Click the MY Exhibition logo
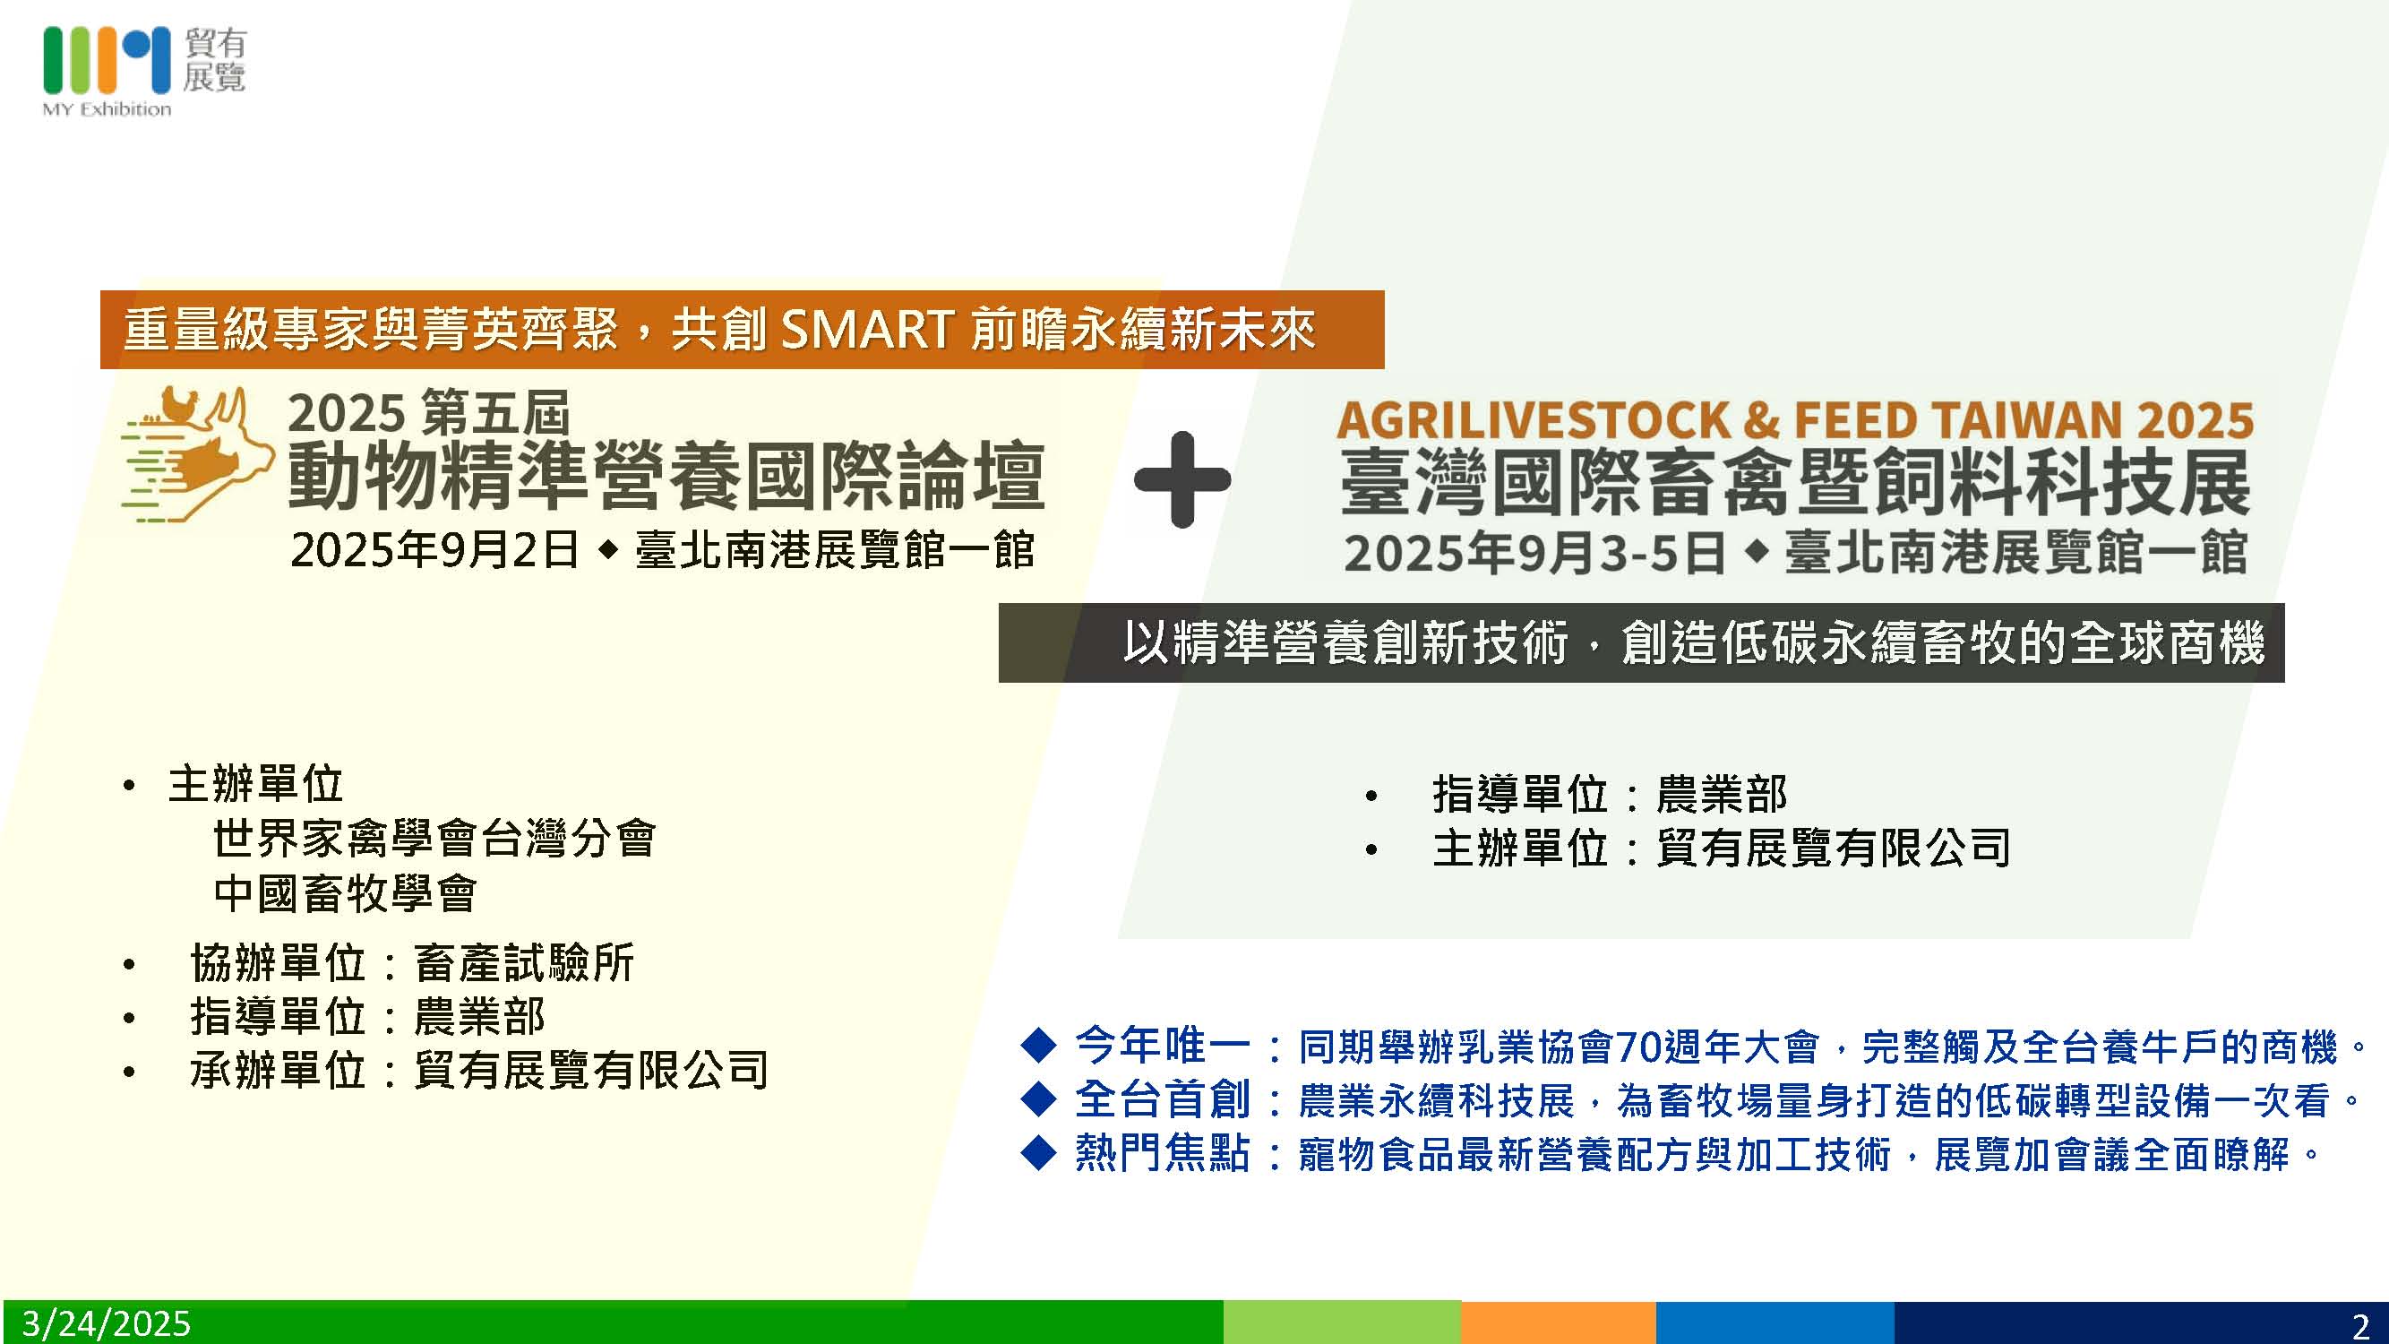143,72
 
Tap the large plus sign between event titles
1182,479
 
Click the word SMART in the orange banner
867,329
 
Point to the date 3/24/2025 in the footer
107,1323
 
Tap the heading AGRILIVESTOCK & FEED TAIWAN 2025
1794,420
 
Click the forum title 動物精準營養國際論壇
666,477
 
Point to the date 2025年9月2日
434,550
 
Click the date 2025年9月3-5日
1534,553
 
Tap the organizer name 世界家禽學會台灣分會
434,839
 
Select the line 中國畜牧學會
345,893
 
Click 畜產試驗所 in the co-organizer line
524,963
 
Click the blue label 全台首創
1162,1100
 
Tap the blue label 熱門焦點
1162,1154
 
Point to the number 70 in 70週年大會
1636,1047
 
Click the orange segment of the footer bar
1558,1322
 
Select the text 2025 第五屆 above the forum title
427,414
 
